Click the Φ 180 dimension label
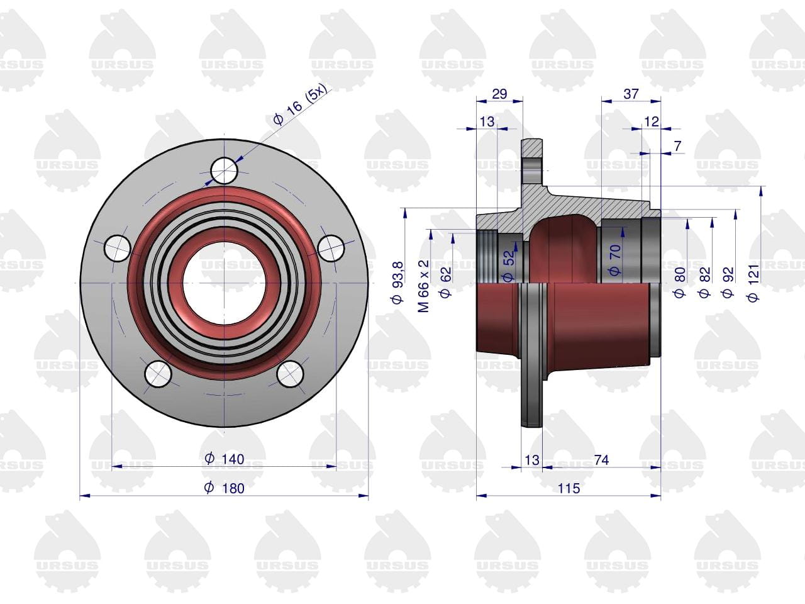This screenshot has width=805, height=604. coord(224,488)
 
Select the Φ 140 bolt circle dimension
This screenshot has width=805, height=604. coord(224,459)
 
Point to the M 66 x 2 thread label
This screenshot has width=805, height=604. coord(424,286)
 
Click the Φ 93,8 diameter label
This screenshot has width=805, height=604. coord(397,282)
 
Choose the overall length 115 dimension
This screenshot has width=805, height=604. coord(569,488)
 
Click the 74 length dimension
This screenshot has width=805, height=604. coord(601,459)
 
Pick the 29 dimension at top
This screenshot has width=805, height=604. coord(499,94)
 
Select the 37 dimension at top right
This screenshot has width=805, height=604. coord(631,94)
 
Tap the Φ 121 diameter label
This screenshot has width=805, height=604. coord(753,282)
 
